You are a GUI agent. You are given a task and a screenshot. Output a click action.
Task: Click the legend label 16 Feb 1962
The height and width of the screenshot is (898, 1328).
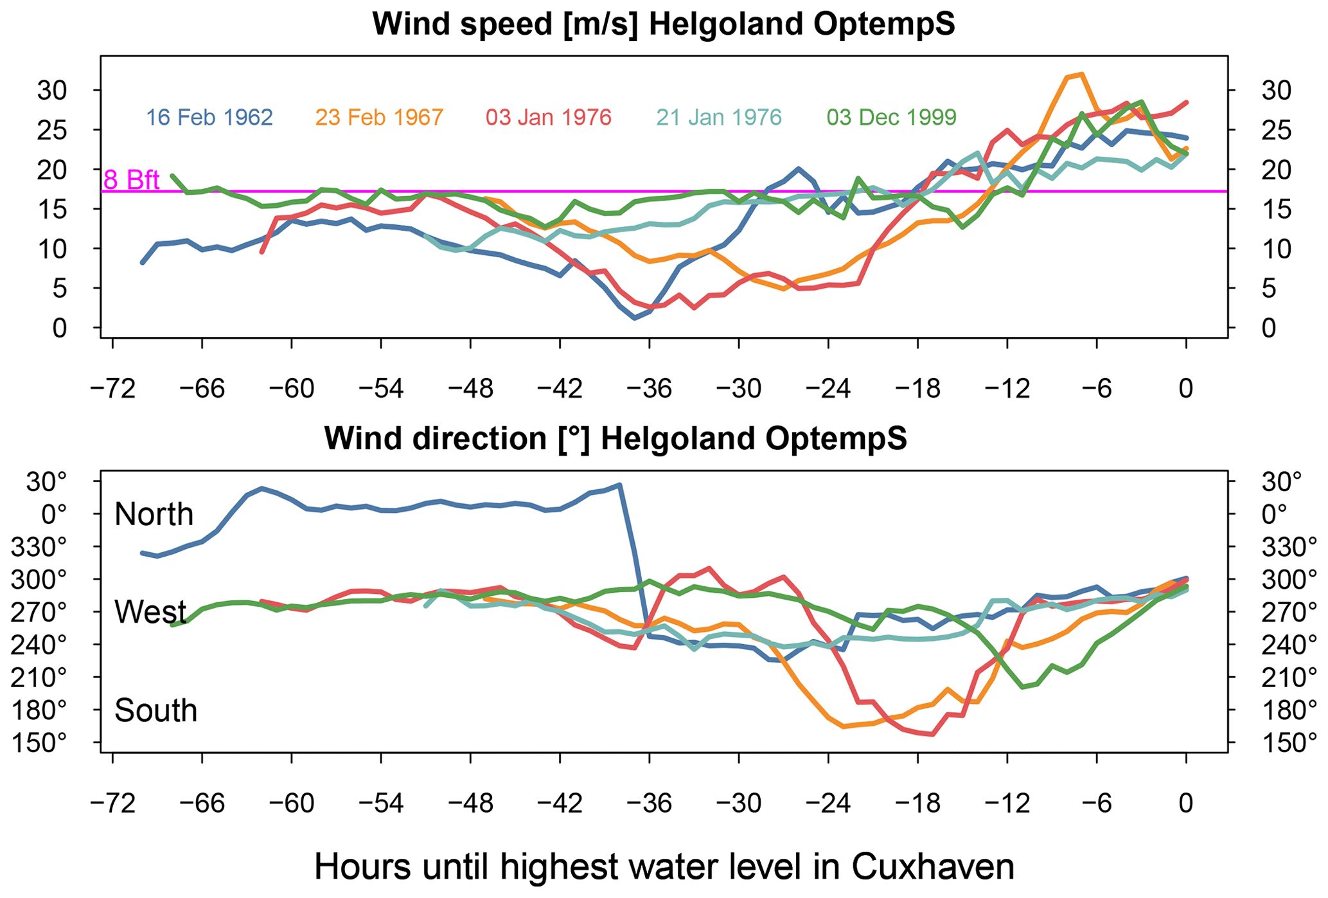(x=209, y=118)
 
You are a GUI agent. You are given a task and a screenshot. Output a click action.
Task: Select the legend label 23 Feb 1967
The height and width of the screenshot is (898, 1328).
(x=379, y=118)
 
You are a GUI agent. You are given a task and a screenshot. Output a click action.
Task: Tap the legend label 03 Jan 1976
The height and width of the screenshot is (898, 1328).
(x=549, y=118)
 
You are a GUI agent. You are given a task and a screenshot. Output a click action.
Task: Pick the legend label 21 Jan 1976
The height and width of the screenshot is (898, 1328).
(x=719, y=118)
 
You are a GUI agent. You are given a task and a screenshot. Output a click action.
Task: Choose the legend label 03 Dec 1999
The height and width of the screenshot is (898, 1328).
(x=891, y=118)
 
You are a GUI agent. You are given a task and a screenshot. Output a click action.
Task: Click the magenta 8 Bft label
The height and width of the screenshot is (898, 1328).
(x=132, y=180)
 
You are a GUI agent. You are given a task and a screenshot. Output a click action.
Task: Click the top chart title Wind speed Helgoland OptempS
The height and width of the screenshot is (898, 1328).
(x=664, y=24)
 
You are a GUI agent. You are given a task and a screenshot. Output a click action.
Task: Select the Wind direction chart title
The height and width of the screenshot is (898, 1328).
(x=615, y=439)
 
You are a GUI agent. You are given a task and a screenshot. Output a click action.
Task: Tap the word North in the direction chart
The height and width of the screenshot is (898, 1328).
(x=154, y=514)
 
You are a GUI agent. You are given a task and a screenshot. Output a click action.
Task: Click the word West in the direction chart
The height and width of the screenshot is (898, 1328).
(x=150, y=612)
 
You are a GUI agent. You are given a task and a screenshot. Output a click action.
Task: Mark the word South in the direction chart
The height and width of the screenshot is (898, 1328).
(x=155, y=711)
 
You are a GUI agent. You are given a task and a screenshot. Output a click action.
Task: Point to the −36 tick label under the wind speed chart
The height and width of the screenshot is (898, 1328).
(x=649, y=389)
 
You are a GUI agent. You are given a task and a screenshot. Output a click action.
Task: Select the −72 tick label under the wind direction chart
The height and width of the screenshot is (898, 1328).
(x=112, y=804)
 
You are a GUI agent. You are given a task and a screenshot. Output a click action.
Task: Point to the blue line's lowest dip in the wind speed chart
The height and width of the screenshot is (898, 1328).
(x=634, y=318)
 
